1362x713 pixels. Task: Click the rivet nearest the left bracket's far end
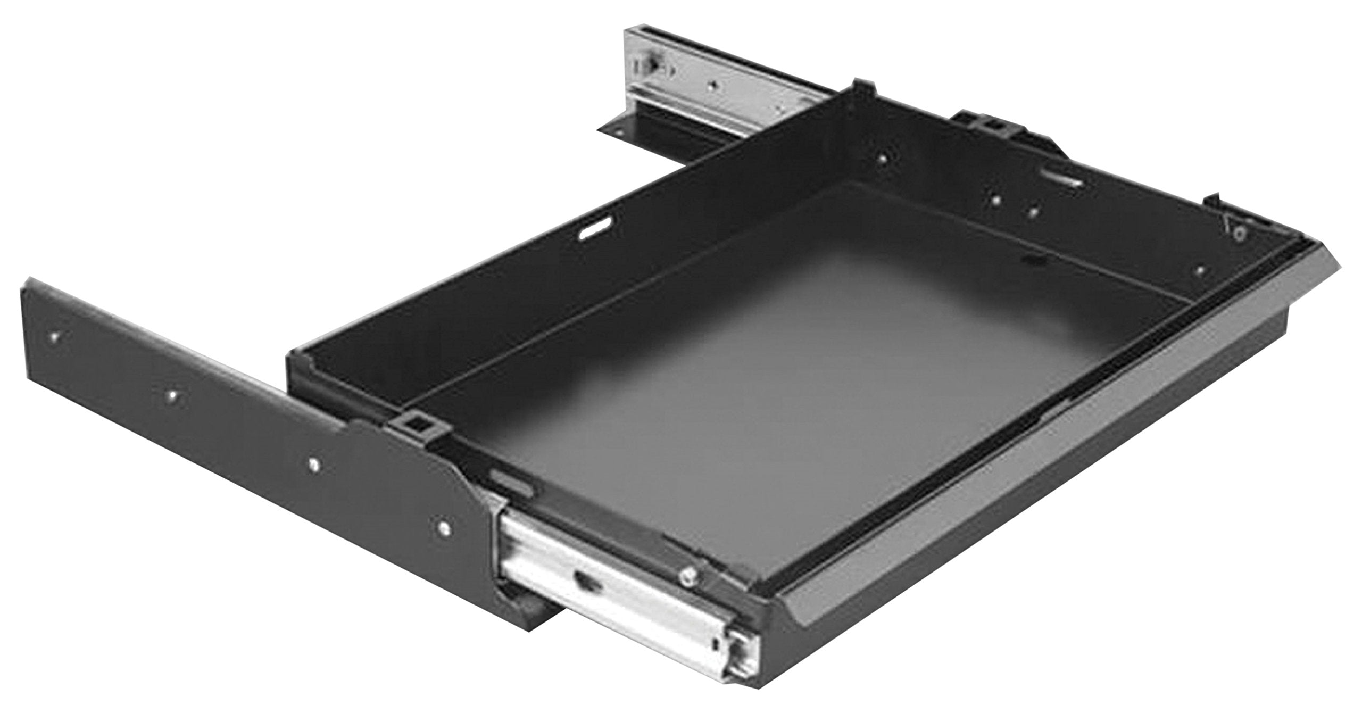[55, 336]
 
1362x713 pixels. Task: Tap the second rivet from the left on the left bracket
[173, 395]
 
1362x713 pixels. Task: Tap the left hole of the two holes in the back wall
[996, 201]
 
